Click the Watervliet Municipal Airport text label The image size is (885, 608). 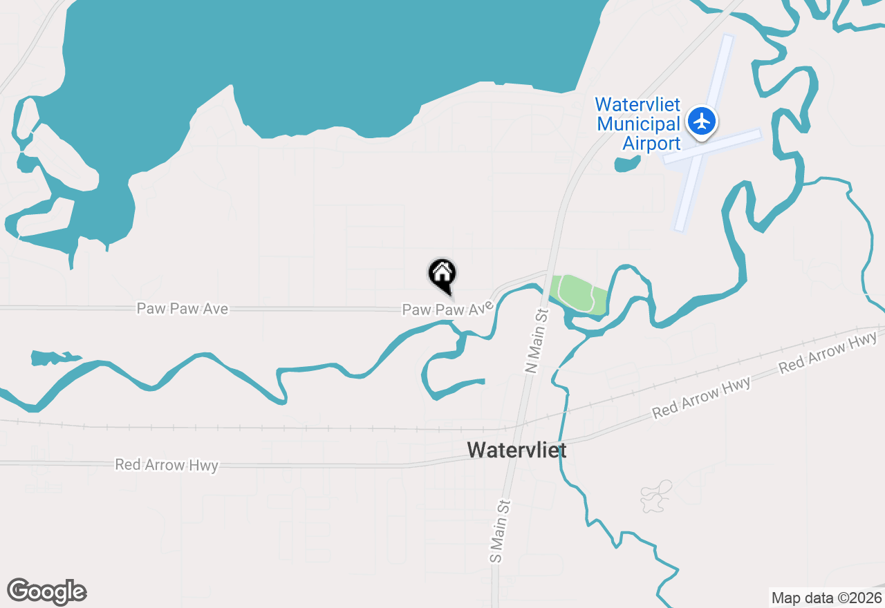(x=637, y=124)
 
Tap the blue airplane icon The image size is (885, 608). (x=702, y=122)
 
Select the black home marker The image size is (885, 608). (x=442, y=275)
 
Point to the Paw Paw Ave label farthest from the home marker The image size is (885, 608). (x=183, y=309)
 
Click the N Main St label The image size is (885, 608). (x=537, y=341)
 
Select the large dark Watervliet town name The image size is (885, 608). (x=516, y=450)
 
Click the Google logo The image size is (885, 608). (x=47, y=591)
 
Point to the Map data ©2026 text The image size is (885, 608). (x=826, y=598)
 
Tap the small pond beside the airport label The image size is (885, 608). (x=626, y=164)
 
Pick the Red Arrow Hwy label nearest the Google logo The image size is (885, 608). (x=167, y=465)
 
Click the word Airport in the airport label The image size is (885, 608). (x=651, y=144)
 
